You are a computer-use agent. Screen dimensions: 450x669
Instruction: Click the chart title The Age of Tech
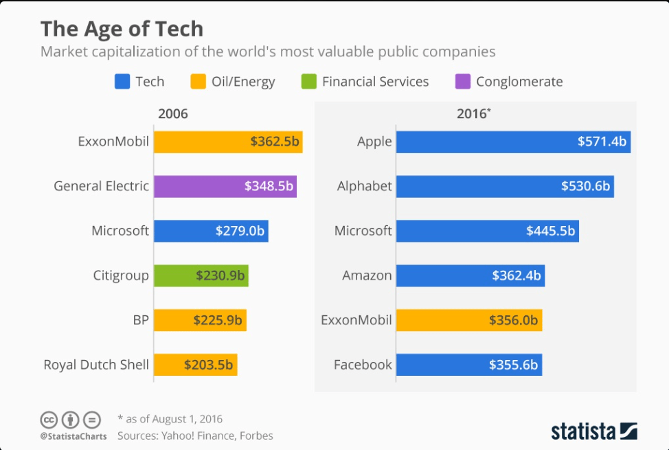coord(122,29)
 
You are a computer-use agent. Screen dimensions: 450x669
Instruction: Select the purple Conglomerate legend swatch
coord(462,82)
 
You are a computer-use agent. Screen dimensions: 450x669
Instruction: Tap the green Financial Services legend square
coord(308,82)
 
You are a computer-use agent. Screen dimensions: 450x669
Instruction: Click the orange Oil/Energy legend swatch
coord(198,82)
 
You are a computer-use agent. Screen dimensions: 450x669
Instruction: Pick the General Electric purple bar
coord(225,186)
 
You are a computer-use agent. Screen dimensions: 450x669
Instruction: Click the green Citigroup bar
coord(201,275)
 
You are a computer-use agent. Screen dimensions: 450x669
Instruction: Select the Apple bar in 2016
coord(512,142)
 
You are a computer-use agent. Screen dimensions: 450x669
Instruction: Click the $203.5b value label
coord(208,365)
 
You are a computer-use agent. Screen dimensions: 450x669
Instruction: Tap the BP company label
coord(140,320)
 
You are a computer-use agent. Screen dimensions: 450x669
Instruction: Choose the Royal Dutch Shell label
coord(96,365)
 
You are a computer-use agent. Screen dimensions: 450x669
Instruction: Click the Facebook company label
coord(363,365)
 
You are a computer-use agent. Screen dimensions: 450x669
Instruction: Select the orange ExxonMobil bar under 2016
coord(468,320)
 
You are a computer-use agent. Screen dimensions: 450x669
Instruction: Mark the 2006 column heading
coord(172,114)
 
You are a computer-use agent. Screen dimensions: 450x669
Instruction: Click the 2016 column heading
coord(473,114)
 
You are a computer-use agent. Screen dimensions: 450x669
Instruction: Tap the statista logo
coord(593,431)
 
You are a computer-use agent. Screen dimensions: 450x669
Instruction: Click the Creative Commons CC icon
coord(49,420)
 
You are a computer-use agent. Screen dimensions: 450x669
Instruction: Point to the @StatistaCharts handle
coord(73,436)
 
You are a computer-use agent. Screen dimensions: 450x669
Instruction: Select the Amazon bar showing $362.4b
coord(470,275)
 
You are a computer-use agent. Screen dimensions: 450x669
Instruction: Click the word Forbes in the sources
coord(256,436)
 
